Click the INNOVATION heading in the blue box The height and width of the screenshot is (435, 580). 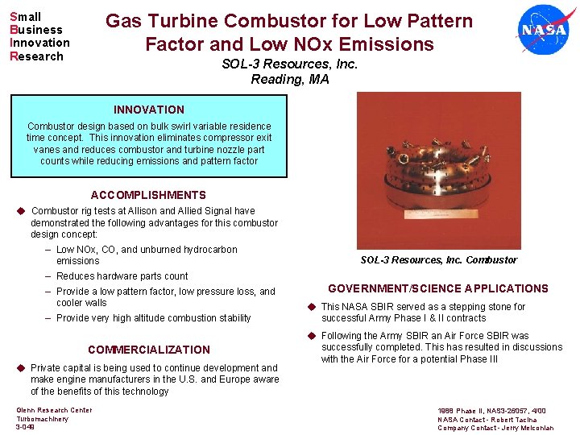coord(149,110)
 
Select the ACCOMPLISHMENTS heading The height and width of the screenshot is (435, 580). coord(148,195)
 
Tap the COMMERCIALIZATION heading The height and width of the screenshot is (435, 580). coord(148,350)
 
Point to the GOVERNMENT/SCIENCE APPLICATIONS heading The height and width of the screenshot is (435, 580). coord(437,288)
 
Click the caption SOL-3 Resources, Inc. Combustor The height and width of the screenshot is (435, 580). coord(438,260)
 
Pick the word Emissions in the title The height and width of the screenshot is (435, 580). coord(387,44)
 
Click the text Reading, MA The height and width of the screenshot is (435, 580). coord(290,79)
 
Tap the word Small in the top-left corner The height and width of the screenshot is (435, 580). coord(26,17)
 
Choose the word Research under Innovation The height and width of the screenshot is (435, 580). coord(36,56)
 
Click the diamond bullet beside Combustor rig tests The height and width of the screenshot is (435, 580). coord(21,211)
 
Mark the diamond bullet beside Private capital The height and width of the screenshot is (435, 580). coord(21,368)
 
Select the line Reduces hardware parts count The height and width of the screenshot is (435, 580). coord(122,276)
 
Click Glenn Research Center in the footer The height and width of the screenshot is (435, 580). coord(54,410)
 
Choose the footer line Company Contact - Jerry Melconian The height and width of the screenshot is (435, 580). coord(495,428)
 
